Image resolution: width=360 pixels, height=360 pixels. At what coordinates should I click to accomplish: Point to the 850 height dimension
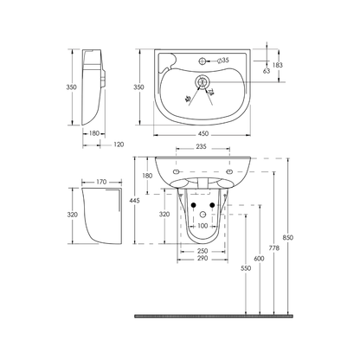tap(288, 239)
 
